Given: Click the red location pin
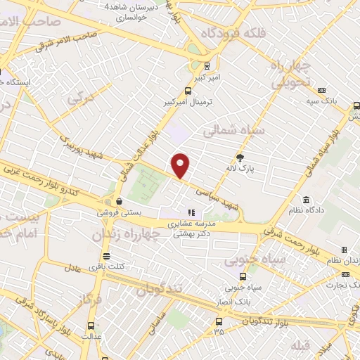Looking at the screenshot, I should point(181,166).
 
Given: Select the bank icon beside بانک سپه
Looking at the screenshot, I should point(322,90).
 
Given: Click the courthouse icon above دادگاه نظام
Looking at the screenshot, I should point(305,199).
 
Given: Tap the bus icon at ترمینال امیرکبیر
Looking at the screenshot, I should point(187,91).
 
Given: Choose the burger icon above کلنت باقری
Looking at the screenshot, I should point(105,256).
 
